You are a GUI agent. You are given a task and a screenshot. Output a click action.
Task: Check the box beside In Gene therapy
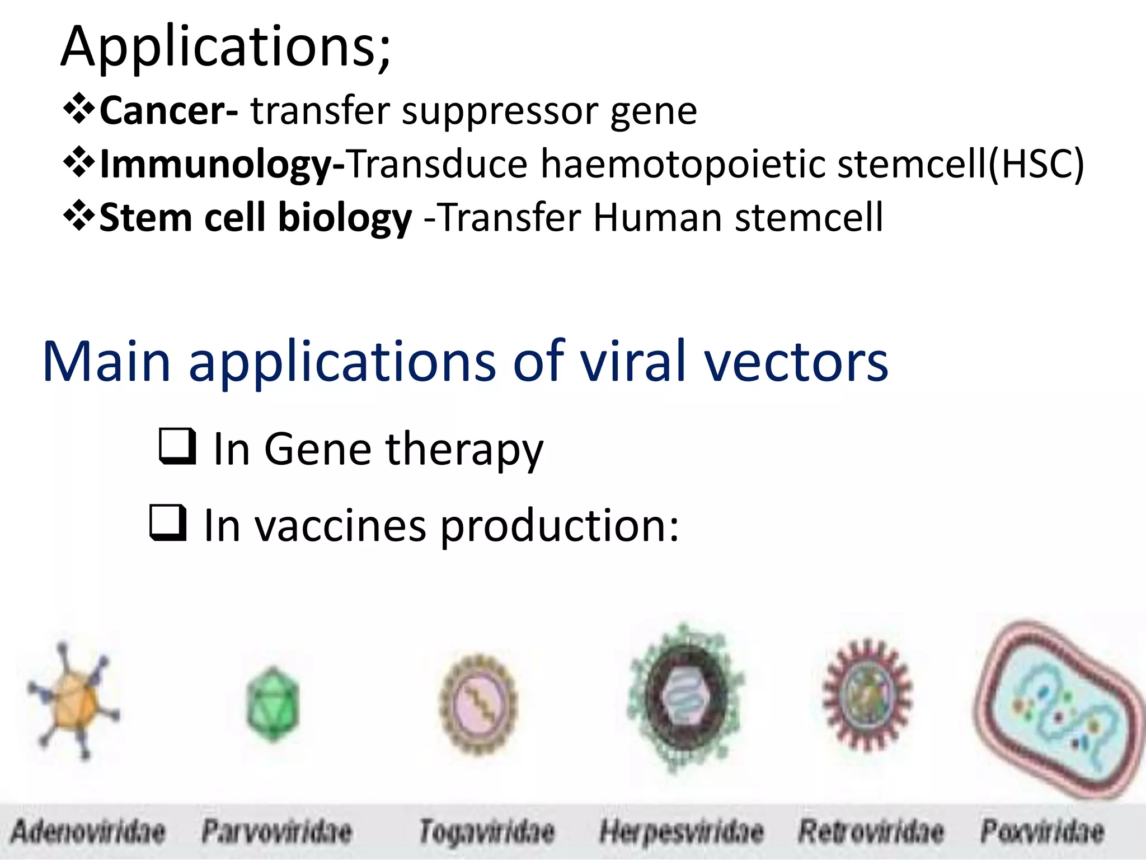[177, 446]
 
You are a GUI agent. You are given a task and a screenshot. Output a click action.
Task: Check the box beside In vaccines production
[168, 522]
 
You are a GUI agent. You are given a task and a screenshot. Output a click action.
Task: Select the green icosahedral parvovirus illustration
[273, 703]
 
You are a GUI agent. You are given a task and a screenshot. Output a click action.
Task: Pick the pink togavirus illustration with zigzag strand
[479, 704]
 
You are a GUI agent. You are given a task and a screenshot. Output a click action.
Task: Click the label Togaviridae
[487, 831]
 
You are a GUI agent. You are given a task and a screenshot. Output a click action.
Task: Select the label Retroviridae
[871, 831]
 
